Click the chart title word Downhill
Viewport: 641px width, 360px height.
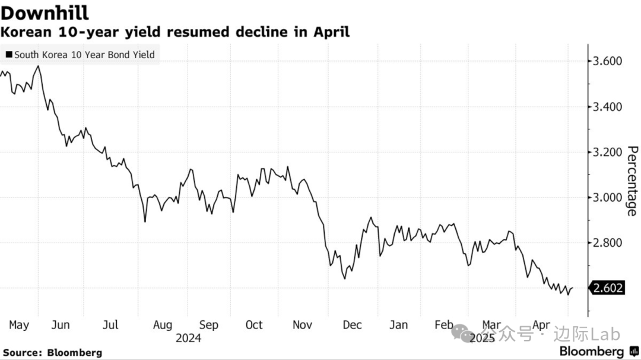pyautogui.click(x=46, y=12)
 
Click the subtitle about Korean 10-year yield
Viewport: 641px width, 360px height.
pyautogui.click(x=176, y=32)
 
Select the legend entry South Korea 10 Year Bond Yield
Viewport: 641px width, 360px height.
pyautogui.click(x=80, y=55)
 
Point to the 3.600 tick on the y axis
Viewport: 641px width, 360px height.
pyautogui.click(x=608, y=61)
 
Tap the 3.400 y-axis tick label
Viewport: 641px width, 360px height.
pyautogui.click(x=608, y=107)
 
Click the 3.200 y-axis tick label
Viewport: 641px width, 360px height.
pyautogui.click(x=608, y=152)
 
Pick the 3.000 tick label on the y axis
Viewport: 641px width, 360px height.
pyautogui.click(x=608, y=197)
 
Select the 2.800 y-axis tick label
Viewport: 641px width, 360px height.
pyautogui.click(x=608, y=243)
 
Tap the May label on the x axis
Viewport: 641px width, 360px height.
pyautogui.click(x=19, y=325)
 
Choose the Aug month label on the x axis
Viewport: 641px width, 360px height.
pyautogui.click(x=163, y=325)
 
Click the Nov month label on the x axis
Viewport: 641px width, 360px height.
pyautogui.click(x=303, y=325)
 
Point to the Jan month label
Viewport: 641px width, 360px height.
pyautogui.click(x=398, y=325)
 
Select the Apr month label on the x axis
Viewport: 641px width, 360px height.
pyautogui.click(x=540, y=325)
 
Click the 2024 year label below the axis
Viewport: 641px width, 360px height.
pyautogui.click(x=188, y=338)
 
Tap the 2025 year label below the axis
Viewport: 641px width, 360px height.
pyautogui.click(x=482, y=338)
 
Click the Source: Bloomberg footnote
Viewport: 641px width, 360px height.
pyautogui.click(x=52, y=352)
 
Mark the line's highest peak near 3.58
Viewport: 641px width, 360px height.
pyautogui.click(x=39, y=66)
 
